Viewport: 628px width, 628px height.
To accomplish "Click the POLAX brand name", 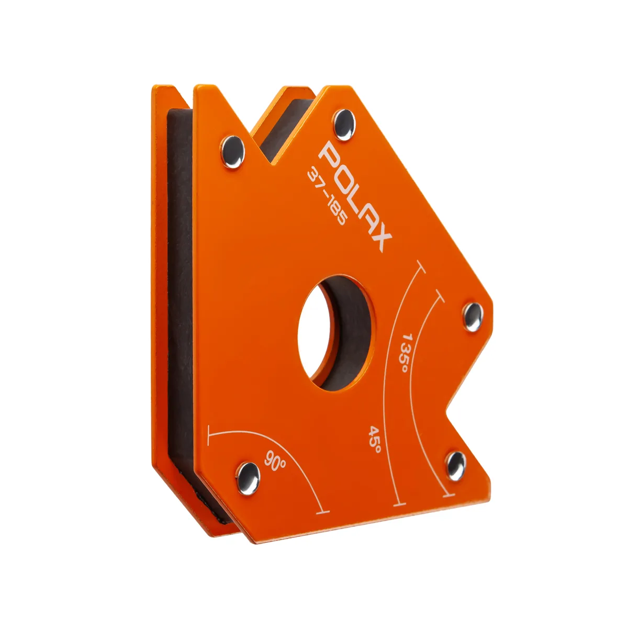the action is pos(355,198).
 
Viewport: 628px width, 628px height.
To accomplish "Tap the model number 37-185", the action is pos(326,198).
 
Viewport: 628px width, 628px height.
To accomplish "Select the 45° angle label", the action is pos(374,439).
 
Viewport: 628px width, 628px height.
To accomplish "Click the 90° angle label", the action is pos(275,461).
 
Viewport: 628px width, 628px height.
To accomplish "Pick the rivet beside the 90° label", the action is pos(249,479).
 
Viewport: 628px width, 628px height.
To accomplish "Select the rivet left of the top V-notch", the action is pos(233,152).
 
